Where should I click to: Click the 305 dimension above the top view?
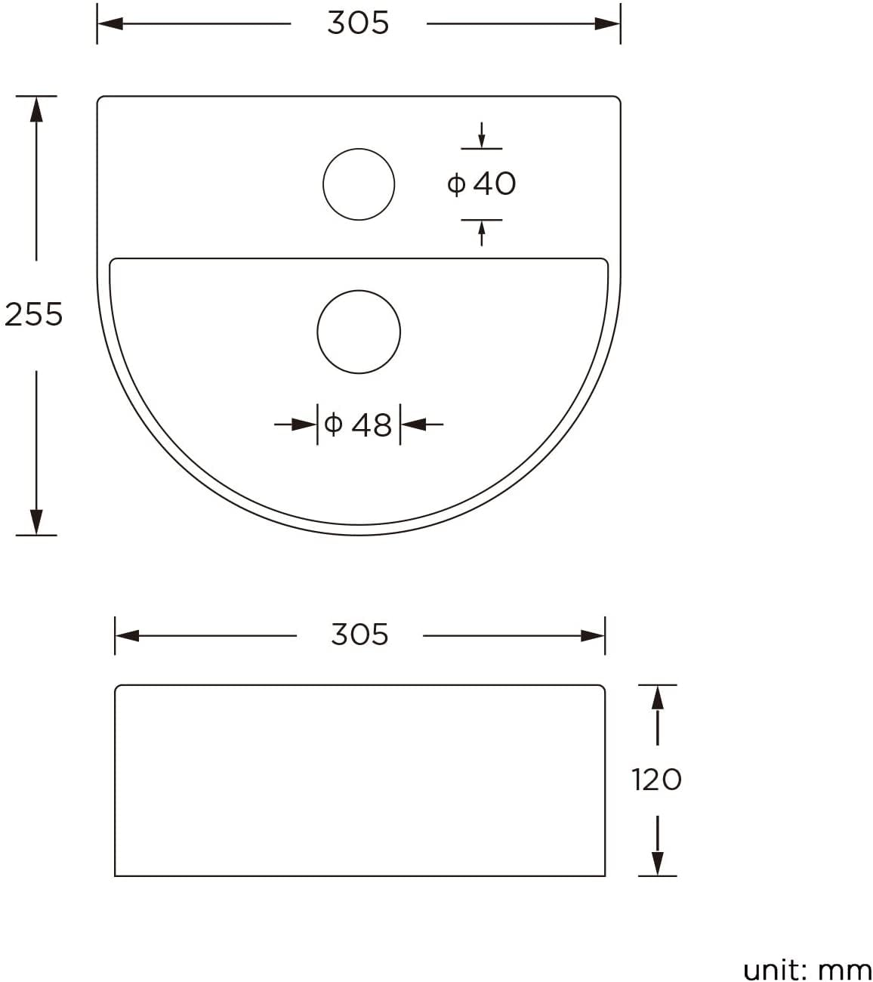click(x=358, y=23)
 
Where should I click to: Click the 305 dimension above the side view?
click(x=359, y=635)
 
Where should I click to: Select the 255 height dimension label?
click(x=33, y=314)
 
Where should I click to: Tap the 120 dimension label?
click(x=656, y=780)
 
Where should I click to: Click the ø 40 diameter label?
click(x=482, y=184)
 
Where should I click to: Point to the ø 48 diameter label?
click(x=358, y=425)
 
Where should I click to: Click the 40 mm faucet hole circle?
click(x=359, y=184)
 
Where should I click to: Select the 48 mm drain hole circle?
click(x=359, y=332)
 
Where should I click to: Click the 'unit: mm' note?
click(x=807, y=970)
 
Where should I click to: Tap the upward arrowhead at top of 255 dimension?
click(x=35, y=109)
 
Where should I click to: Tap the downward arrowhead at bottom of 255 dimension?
click(x=35, y=522)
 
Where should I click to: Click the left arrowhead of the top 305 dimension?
click(x=110, y=23)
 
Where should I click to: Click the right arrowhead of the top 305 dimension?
click(x=607, y=23)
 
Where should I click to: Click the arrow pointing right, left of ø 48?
click(x=304, y=425)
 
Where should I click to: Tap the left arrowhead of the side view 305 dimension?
click(x=128, y=636)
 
